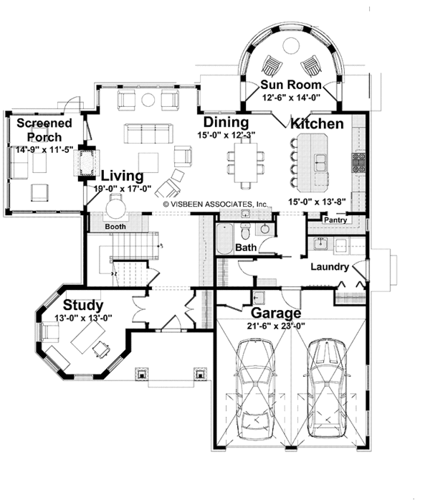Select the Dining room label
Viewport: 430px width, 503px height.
click(x=226, y=121)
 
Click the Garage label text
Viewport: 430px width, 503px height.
click(x=276, y=314)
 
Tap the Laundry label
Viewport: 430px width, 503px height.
click(x=330, y=267)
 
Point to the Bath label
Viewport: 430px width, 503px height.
click(x=247, y=248)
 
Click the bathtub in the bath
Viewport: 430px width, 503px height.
click(x=224, y=239)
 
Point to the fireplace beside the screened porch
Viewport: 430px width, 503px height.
click(x=86, y=163)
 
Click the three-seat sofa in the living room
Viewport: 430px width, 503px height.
click(x=146, y=133)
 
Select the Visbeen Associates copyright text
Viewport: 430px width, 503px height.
click(x=216, y=204)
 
